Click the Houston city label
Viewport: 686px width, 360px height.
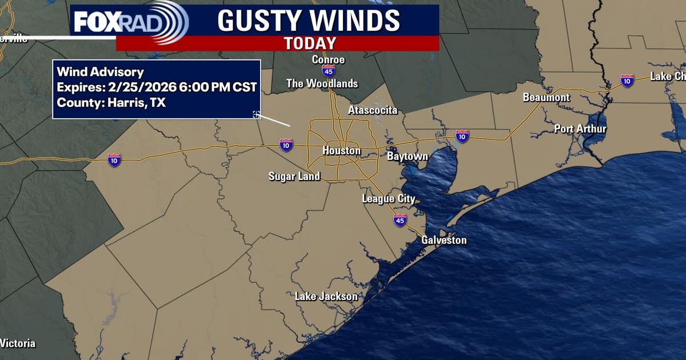coord(341,151)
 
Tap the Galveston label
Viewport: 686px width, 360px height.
coord(444,240)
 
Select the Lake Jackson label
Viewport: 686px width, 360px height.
coord(326,296)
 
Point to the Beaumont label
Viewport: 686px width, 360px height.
coord(546,98)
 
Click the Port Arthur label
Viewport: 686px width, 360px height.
coord(580,129)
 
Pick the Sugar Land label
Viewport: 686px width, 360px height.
coord(294,176)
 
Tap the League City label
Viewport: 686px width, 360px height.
coord(388,199)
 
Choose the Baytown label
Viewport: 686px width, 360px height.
coord(407,156)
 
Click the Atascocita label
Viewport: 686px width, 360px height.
coord(372,110)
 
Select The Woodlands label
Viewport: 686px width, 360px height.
coord(322,84)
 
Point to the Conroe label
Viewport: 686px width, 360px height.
coord(328,59)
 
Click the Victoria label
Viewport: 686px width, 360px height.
coord(18,343)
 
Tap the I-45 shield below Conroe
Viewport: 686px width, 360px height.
coord(328,71)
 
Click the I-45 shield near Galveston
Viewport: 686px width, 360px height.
coord(400,221)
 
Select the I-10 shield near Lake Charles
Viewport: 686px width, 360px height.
coord(627,81)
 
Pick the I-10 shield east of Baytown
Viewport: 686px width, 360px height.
coord(462,137)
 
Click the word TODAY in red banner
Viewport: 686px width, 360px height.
coord(310,43)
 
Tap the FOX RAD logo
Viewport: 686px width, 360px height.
coord(130,21)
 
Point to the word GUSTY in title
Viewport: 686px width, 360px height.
coord(261,21)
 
